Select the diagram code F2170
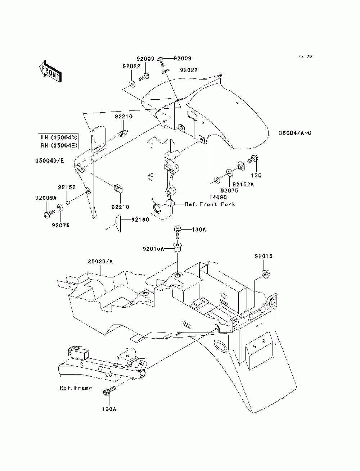point(305,56)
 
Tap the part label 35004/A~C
point(295,133)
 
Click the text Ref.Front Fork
point(210,204)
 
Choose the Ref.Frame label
point(76,388)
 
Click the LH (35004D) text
point(59,137)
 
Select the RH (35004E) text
point(59,145)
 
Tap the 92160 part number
point(140,219)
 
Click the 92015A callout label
point(153,249)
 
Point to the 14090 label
point(218,197)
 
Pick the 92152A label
point(243,184)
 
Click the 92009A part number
point(46,198)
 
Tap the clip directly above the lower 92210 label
point(118,189)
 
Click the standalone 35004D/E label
point(50,161)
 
